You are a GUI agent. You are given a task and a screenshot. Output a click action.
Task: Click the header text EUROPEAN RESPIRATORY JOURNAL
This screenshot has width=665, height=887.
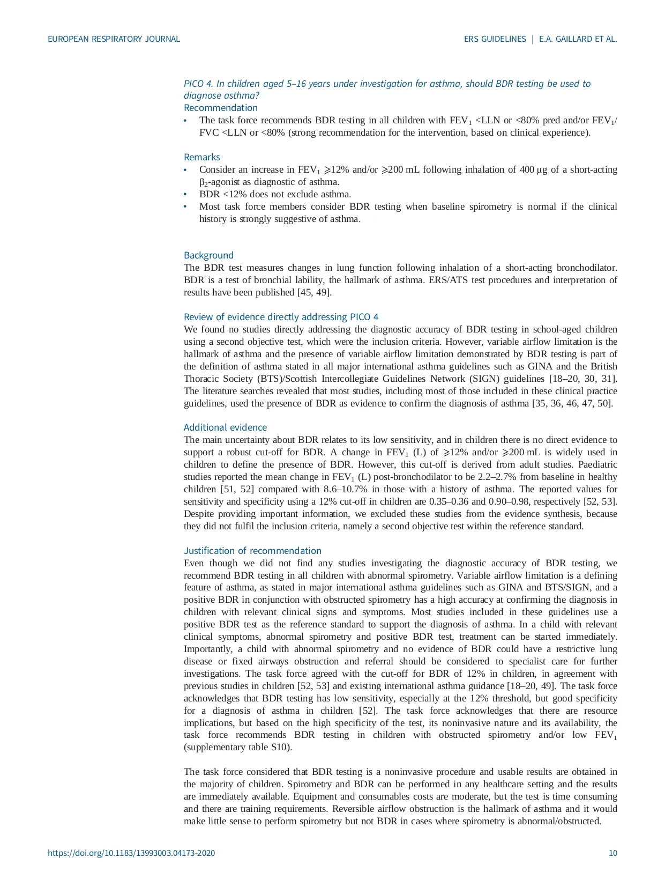(114, 39)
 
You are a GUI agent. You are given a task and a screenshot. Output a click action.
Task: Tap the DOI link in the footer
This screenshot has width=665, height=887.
(131, 853)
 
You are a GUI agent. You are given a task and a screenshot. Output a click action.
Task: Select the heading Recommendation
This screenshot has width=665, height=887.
(220, 108)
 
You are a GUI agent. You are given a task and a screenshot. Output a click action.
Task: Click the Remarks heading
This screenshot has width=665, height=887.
(201, 157)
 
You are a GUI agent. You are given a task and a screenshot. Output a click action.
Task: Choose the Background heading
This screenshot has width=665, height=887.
(208, 255)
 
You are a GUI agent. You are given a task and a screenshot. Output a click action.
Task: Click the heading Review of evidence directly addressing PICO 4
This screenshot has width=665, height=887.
(281, 317)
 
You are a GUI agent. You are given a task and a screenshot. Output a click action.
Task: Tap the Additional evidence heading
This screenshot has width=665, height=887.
(225, 427)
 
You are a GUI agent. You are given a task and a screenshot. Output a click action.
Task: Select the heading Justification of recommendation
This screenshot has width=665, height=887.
(252, 551)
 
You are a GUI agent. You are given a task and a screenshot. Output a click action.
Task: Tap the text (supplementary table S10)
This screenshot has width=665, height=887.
(238, 747)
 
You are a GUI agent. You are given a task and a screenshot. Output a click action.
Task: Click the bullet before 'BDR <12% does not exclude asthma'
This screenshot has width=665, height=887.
(185, 195)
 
